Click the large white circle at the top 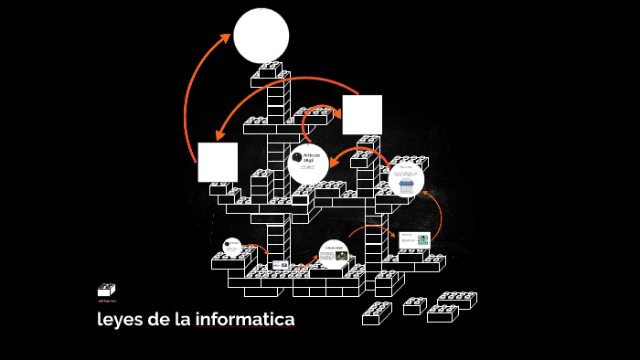pyautogui.click(x=261, y=36)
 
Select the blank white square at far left pyautogui.click(x=218, y=162)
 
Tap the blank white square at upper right pyautogui.click(x=362, y=114)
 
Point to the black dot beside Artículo pyautogui.click(x=296, y=157)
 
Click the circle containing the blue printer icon pyautogui.click(x=406, y=180)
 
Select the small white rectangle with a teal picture pyautogui.click(x=414, y=240)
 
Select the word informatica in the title pyautogui.click(x=249, y=320)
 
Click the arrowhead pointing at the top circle pyautogui.click(x=226, y=38)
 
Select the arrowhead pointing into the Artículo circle pyautogui.click(x=333, y=163)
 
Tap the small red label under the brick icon pyautogui.click(x=106, y=301)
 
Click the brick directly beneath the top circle pyautogui.click(x=271, y=69)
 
